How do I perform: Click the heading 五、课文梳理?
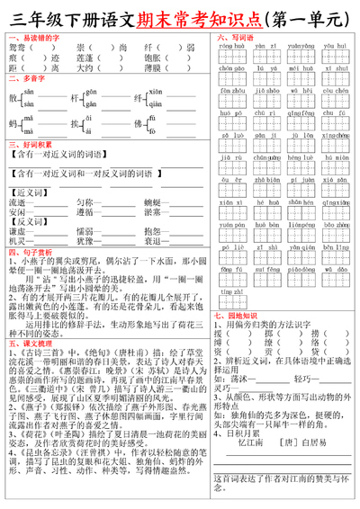pos(28,343)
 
